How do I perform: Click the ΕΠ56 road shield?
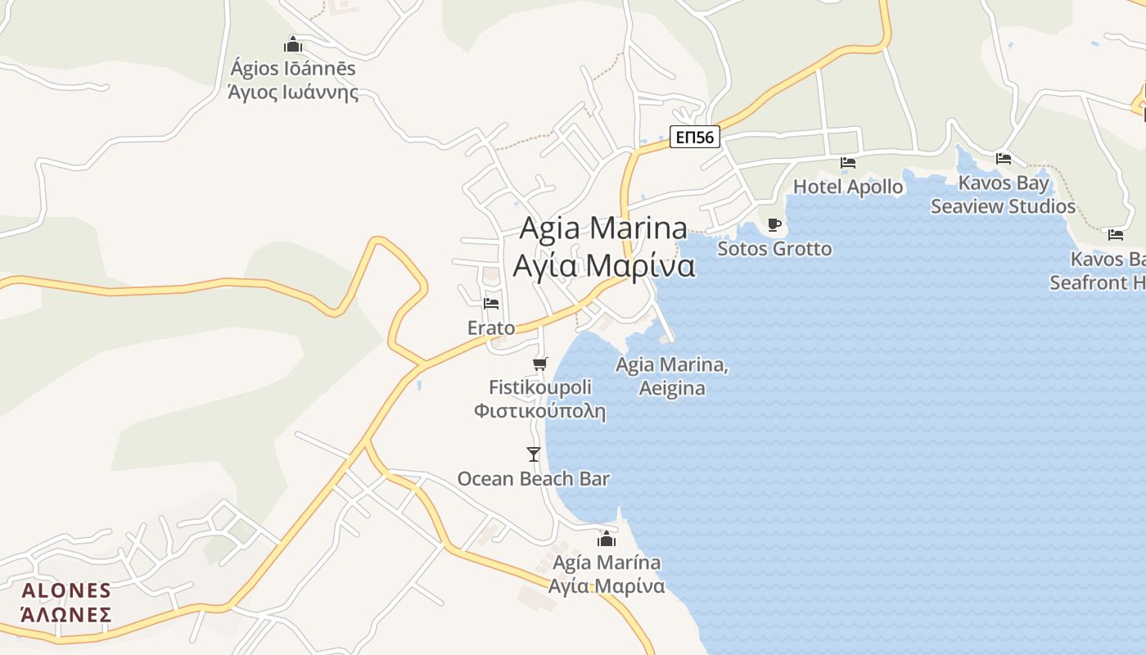pyautogui.click(x=694, y=137)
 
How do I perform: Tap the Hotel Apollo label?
pyautogui.click(x=848, y=187)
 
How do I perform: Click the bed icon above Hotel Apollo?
pyautogui.click(x=848, y=163)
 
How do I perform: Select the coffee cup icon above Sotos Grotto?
pyautogui.click(x=774, y=224)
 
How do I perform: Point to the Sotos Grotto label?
pyautogui.click(x=774, y=248)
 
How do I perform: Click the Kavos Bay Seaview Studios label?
pyautogui.click(x=1003, y=195)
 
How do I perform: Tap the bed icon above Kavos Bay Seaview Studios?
pyautogui.click(x=1004, y=158)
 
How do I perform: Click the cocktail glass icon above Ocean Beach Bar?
pyautogui.click(x=534, y=454)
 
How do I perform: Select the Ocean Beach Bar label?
pyautogui.click(x=534, y=478)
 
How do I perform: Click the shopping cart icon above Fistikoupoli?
pyautogui.click(x=539, y=364)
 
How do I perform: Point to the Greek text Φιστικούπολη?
pyautogui.click(x=539, y=410)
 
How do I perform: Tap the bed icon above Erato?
pyautogui.click(x=491, y=303)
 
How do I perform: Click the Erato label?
pyautogui.click(x=491, y=328)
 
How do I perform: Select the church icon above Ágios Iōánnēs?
pyautogui.click(x=293, y=44)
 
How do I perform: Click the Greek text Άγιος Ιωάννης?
pyautogui.click(x=293, y=91)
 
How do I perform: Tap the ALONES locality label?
pyautogui.click(x=66, y=591)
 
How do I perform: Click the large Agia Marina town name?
pyautogui.click(x=604, y=228)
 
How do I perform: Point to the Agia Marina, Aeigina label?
pyautogui.click(x=672, y=376)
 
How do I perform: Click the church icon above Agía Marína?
pyautogui.click(x=606, y=539)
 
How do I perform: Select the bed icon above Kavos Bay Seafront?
pyautogui.click(x=1116, y=235)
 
